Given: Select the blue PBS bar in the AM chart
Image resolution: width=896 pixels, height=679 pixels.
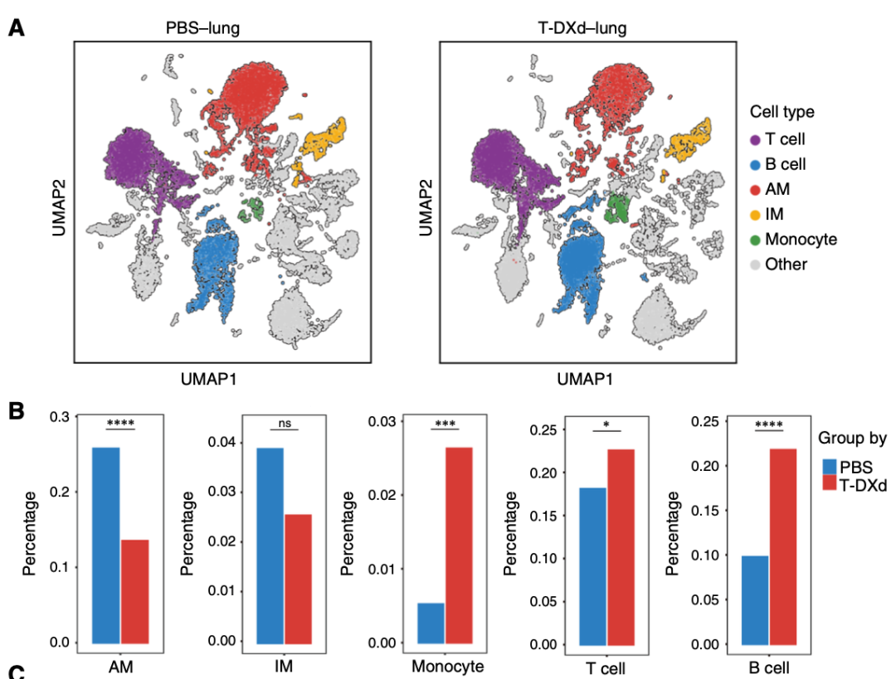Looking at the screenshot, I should [106, 545].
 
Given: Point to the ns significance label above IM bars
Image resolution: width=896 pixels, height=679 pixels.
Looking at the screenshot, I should [285, 423].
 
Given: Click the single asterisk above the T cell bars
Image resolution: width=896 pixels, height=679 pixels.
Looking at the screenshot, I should [607, 424].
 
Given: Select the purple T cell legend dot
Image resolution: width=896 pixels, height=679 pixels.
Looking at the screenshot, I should [755, 140].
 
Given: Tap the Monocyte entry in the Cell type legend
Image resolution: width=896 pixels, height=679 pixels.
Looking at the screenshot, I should [801, 240].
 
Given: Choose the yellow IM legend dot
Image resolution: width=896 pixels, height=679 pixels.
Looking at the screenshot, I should [755, 215].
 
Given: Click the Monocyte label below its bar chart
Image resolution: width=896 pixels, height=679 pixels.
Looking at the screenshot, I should [447, 667].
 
